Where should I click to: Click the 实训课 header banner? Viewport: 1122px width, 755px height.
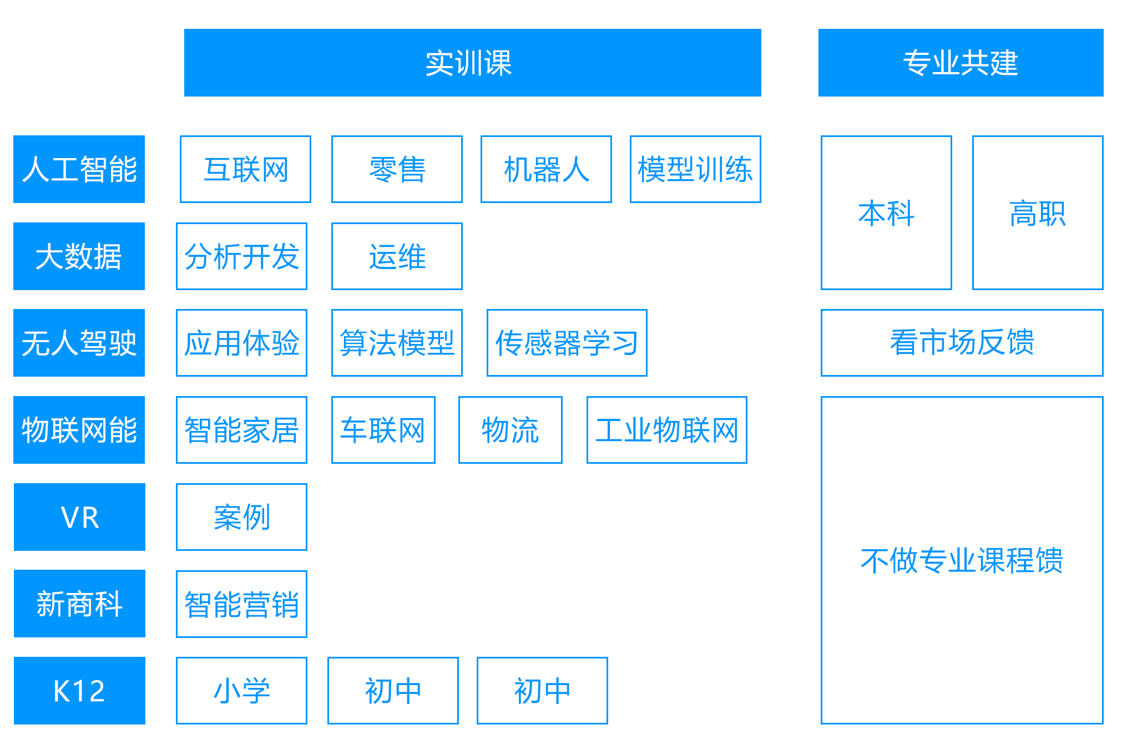(x=472, y=63)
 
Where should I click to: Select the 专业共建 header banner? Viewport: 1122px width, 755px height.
(x=961, y=63)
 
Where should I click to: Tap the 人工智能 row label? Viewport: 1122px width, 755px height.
(x=79, y=169)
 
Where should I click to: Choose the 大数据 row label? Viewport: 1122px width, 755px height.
(x=79, y=256)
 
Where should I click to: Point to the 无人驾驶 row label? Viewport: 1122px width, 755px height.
(x=79, y=343)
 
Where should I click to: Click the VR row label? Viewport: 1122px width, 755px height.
(x=79, y=517)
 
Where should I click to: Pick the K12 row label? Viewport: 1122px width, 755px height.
(x=79, y=691)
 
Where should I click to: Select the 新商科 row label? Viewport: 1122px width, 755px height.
(x=79, y=604)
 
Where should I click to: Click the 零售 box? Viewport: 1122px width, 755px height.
(x=397, y=169)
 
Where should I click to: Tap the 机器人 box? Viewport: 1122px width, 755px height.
(x=546, y=169)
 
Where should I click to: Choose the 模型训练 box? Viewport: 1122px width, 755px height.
(x=695, y=169)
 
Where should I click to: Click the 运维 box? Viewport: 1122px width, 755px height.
(x=397, y=256)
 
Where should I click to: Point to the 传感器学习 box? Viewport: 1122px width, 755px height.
(x=567, y=343)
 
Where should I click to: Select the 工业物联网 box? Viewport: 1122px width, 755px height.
(x=667, y=430)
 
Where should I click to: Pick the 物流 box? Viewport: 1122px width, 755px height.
(x=511, y=430)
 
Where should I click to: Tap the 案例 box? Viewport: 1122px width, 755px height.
(x=241, y=517)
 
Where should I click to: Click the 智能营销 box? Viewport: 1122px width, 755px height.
(x=241, y=604)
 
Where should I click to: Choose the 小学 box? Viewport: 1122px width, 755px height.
(x=241, y=691)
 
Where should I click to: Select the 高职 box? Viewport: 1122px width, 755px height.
(x=1038, y=212)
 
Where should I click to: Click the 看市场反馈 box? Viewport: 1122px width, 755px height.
(x=962, y=343)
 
